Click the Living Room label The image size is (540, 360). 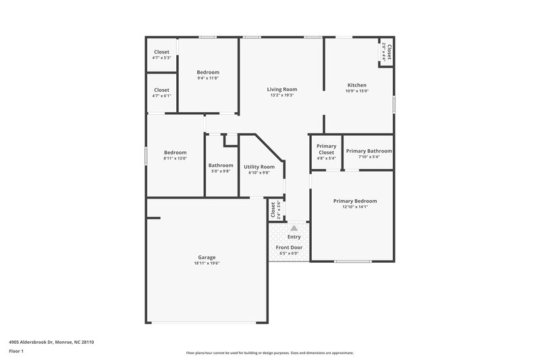[281, 89]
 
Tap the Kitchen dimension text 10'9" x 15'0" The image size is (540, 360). [356, 91]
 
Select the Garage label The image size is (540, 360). [207, 257]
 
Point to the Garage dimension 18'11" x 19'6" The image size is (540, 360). [207, 263]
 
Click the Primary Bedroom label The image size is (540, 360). [354, 201]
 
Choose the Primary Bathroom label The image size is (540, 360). [369, 151]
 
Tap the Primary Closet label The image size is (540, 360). [327, 149]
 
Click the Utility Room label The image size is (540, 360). [259, 166]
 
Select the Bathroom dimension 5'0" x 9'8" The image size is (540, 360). [221, 172]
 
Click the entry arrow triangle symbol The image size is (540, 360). [294, 228]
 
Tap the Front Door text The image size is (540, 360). [289, 247]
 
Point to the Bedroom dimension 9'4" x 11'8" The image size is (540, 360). [208, 78]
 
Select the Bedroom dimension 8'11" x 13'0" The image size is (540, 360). [175, 159]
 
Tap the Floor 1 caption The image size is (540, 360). [17, 351]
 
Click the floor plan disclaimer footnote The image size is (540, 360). [269, 353]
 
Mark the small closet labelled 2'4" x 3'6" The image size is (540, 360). [275, 211]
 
